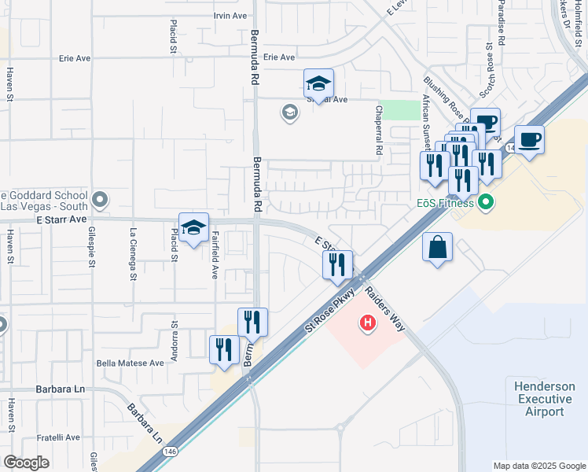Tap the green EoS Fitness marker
point(485,203)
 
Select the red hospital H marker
point(366,322)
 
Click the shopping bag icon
point(437,248)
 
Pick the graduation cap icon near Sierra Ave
point(318,83)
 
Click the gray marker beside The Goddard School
point(99,199)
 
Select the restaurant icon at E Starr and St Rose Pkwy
point(337,265)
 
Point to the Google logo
point(26,463)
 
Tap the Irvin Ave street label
point(230,16)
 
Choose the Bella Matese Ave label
point(130,363)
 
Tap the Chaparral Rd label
point(379,129)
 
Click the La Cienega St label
point(133,254)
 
